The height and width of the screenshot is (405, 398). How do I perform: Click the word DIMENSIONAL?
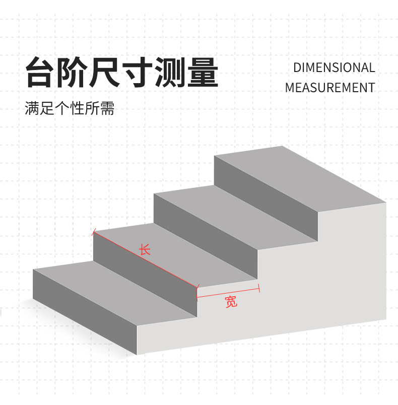(x=334, y=67)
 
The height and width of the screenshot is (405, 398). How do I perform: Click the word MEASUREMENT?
(x=329, y=87)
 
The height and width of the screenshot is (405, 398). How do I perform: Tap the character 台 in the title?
(x=41, y=74)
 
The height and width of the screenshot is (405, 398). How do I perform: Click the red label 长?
(x=145, y=249)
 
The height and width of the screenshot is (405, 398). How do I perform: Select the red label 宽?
(x=231, y=302)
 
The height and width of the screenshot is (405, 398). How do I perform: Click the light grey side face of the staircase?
(x=322, y=282)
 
